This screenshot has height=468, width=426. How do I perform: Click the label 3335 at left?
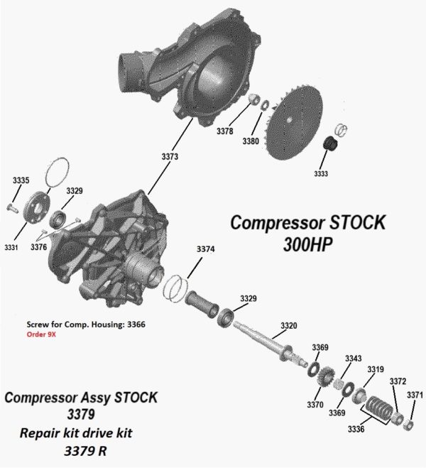(21, 181)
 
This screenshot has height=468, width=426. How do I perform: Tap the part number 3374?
(205, 249)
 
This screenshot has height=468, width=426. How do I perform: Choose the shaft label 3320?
(288, 326)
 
